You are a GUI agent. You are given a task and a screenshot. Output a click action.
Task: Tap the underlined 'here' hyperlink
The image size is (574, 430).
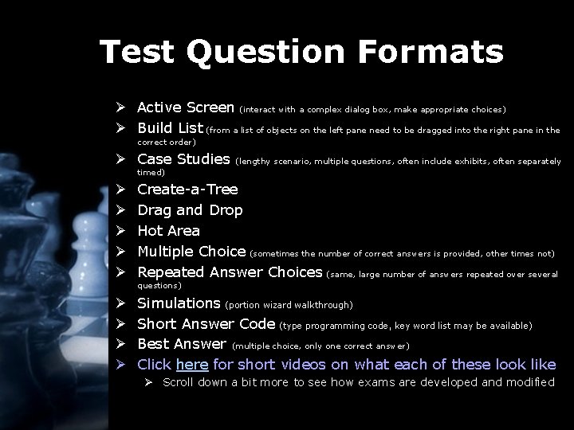(192, 365)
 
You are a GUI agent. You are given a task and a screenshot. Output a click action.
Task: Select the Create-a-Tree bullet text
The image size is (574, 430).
(187, 190)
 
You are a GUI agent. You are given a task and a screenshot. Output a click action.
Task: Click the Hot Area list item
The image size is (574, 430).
(168, 231)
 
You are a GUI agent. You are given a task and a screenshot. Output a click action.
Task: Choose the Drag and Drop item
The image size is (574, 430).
(190, 210)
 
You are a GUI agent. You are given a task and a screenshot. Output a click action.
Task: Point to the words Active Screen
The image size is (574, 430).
(185, 107)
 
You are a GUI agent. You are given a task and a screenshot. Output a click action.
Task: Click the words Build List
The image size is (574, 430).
(170, 127)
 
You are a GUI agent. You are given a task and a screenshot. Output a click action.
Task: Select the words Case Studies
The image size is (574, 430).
(183, 158)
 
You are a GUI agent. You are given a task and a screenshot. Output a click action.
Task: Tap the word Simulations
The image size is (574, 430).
(179, 303)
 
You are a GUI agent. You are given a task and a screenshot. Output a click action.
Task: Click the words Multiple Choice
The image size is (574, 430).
(191, 252)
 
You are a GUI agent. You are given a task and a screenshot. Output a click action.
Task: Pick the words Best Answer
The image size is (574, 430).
(182, 344)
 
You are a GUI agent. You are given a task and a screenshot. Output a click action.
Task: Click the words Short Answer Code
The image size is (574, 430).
(206, 324)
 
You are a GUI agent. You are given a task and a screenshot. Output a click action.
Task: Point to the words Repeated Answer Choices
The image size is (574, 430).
(230, 272)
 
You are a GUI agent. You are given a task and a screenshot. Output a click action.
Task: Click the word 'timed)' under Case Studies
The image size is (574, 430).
(151, 172)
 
